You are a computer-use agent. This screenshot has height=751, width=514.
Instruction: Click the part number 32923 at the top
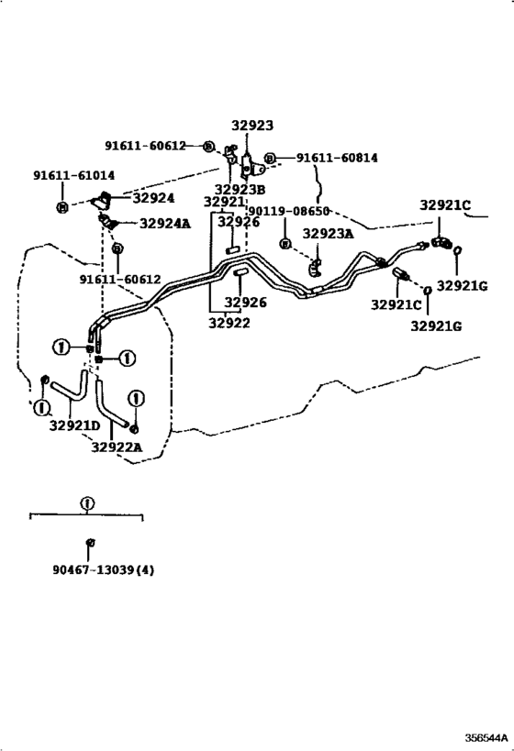click(252, 126)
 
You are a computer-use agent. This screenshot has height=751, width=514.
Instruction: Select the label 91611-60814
click(337, 158)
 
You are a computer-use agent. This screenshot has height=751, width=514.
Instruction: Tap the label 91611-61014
click(73, 175)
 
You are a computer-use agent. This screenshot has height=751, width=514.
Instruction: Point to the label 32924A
click(165, 223)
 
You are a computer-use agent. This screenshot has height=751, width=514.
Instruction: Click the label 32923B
click(240, 190)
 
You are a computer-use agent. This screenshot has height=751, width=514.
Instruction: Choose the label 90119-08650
click(288, 211)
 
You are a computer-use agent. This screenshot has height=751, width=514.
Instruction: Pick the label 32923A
click(328, 233)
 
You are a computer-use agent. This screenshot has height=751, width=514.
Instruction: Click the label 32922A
click(117, 447)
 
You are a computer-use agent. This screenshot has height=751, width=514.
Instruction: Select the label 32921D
click(74, 425)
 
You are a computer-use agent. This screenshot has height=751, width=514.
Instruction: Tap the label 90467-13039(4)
click(104, 570)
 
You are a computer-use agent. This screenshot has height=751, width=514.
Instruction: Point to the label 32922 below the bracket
click(229, 323)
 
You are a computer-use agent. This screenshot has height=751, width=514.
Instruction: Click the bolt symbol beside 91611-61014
click(62, 207)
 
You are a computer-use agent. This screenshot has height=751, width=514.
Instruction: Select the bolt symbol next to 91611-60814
click(271, 159)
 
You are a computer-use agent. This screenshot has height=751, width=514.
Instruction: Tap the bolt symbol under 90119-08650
click(285, 244)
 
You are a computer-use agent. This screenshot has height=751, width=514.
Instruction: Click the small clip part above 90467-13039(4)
click(90, 542)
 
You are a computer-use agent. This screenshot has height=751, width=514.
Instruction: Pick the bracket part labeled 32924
click(102, 200)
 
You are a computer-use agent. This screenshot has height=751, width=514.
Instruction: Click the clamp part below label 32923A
click(316, 267)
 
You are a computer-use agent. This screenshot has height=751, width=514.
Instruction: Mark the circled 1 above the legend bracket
click(87, 503)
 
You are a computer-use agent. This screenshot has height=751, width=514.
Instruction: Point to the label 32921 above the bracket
click(224, 202)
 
